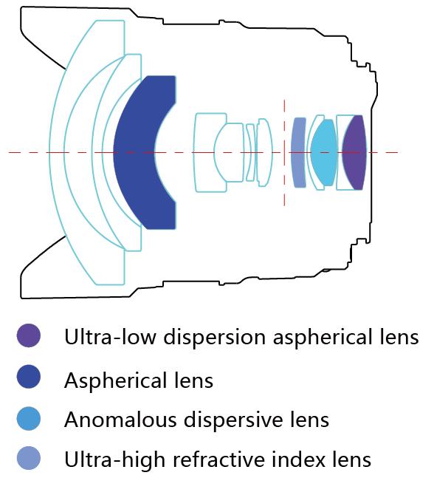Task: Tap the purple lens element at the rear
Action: [354, 152]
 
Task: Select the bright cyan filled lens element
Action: [324, 152]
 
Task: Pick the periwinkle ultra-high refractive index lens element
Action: [298, 152]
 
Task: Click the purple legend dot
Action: [29, 335]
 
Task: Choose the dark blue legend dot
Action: [29, 377]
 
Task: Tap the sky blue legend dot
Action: [29, 419]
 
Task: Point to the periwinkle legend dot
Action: [29, 458]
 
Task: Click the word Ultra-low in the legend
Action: [111, 337]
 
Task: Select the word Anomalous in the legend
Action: [120, 419]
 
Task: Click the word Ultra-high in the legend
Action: [114, 459]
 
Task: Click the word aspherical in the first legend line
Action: [319, 337]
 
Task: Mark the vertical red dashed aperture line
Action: [284, 152]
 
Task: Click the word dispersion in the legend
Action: [214, 337]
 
